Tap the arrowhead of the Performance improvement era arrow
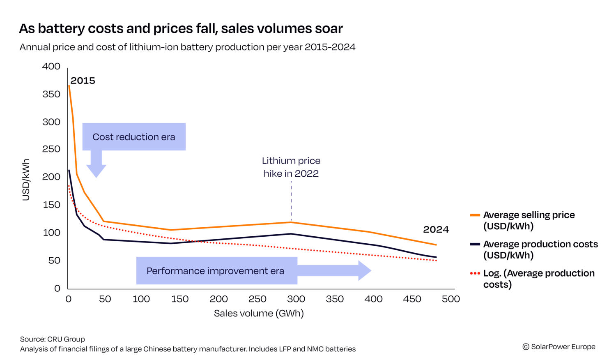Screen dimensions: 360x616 tap(365, 271)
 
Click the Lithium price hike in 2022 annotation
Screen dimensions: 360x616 tap(291, 167)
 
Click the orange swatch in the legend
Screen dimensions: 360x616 tap(475, 215)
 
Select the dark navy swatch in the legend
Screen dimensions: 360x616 tap(475, 244)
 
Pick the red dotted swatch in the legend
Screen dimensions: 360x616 tap(475, 273)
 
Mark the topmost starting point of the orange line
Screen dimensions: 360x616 tap(69, 85)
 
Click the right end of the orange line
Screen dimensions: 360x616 tap(437, 245)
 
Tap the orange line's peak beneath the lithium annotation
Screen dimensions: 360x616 tap(291, 222)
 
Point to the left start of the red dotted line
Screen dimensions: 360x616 tap(69, 186)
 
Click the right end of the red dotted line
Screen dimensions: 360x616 tap(437, 260)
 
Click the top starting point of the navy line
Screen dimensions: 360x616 tap(69, 170)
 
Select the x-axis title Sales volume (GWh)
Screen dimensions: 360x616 tap(259, 314)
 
